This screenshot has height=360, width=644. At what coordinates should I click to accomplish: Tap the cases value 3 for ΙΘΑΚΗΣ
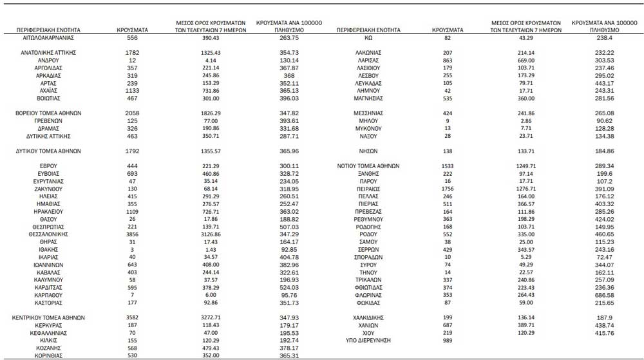(x=133, y=250)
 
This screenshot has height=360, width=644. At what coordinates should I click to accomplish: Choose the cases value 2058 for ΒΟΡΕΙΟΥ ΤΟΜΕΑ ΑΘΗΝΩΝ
(x=133, y=112)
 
